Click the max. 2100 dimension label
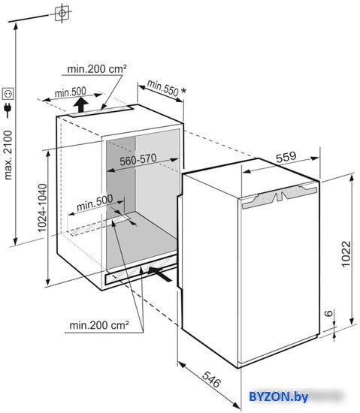coord(8,155)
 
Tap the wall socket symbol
coord(8,94)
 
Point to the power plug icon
coord(8,110)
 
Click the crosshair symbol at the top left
coord(62,13)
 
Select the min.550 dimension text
coord(162,88)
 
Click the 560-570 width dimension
coord(138,160)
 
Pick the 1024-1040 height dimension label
coord(42,208)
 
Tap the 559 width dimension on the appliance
coord(286,157)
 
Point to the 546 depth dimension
coord(211,379)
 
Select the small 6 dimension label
coord(329,313)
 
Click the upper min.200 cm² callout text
coord(97,69)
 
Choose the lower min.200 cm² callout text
coord(99,326)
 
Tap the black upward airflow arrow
coord(80,105)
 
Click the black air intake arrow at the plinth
coord(159,273)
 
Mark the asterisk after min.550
coord(183,91)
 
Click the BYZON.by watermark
coord(278,396)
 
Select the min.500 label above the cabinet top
coord(71,92)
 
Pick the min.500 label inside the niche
coord(95,203)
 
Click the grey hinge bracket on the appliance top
coord(279,196)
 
